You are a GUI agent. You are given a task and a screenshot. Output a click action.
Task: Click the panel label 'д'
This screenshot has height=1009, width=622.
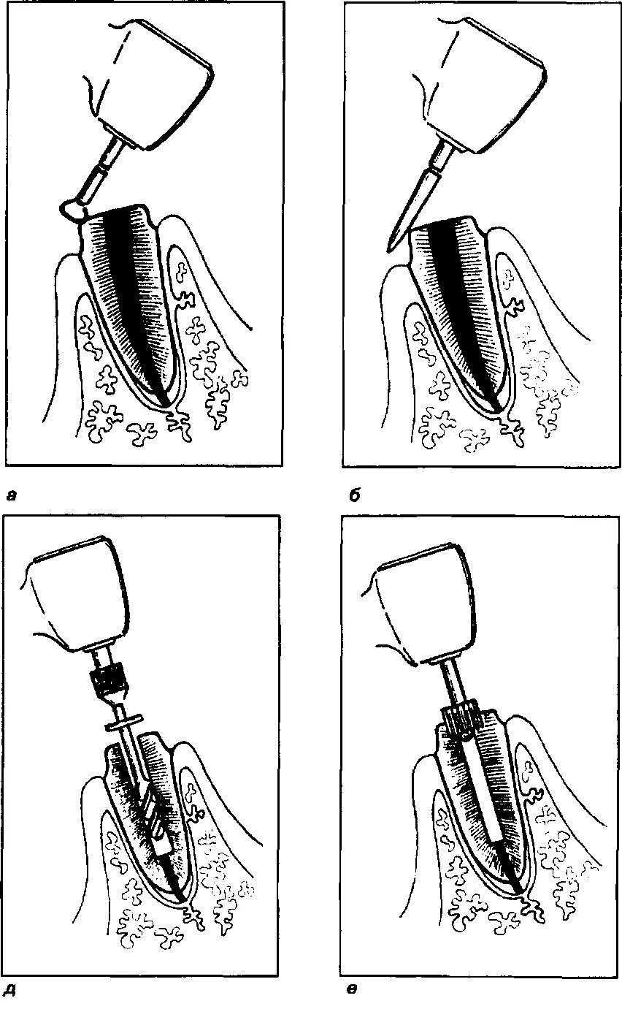pyautogui.click(x=11, y=991)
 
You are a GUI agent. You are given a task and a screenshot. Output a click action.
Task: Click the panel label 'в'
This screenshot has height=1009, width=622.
pyautogui.click(x=352, y=991)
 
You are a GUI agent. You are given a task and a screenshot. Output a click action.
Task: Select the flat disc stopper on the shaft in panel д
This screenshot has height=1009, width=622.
pyautogui.click(x=128, y=726)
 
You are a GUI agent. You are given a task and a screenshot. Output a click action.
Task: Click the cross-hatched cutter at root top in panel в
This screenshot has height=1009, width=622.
pyautogui.click(x=460, y=720)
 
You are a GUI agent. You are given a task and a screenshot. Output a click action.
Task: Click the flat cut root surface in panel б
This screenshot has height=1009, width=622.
pyautogui.click(x=445, y=222)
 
